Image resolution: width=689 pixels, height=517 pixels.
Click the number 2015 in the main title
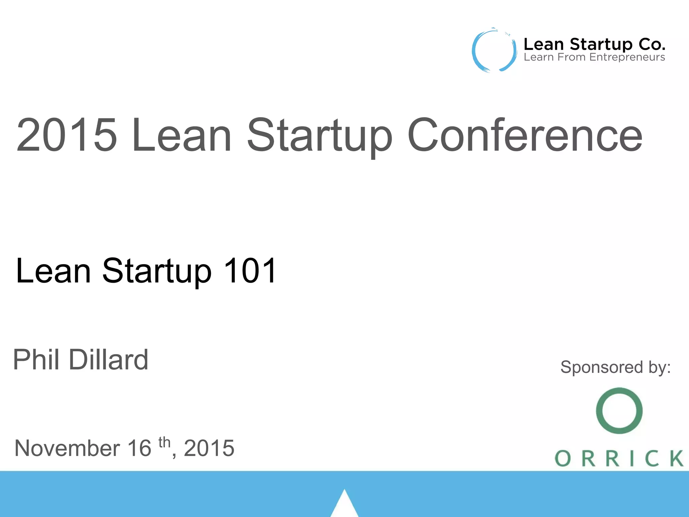click(67, 135)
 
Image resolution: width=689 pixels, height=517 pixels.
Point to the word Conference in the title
click(525, 135)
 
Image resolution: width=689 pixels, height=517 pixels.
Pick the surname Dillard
click(108, 359)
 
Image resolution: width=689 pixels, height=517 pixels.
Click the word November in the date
click(67, 448)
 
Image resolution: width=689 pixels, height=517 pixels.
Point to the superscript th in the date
click(165, 442)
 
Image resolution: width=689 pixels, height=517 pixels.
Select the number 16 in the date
click(139, 448)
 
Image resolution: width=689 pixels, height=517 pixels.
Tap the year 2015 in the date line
click(209, 448)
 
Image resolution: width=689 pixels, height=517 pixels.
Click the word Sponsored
click(602, 367)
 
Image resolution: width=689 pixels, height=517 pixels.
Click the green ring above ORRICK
click(619, 411)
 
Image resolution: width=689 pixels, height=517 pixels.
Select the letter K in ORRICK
click(676, 458)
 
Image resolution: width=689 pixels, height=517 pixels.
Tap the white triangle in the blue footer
click(344, 505)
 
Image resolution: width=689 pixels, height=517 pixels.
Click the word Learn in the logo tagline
click(539, 57)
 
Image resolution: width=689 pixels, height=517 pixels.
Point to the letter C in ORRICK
click(652, 458)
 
